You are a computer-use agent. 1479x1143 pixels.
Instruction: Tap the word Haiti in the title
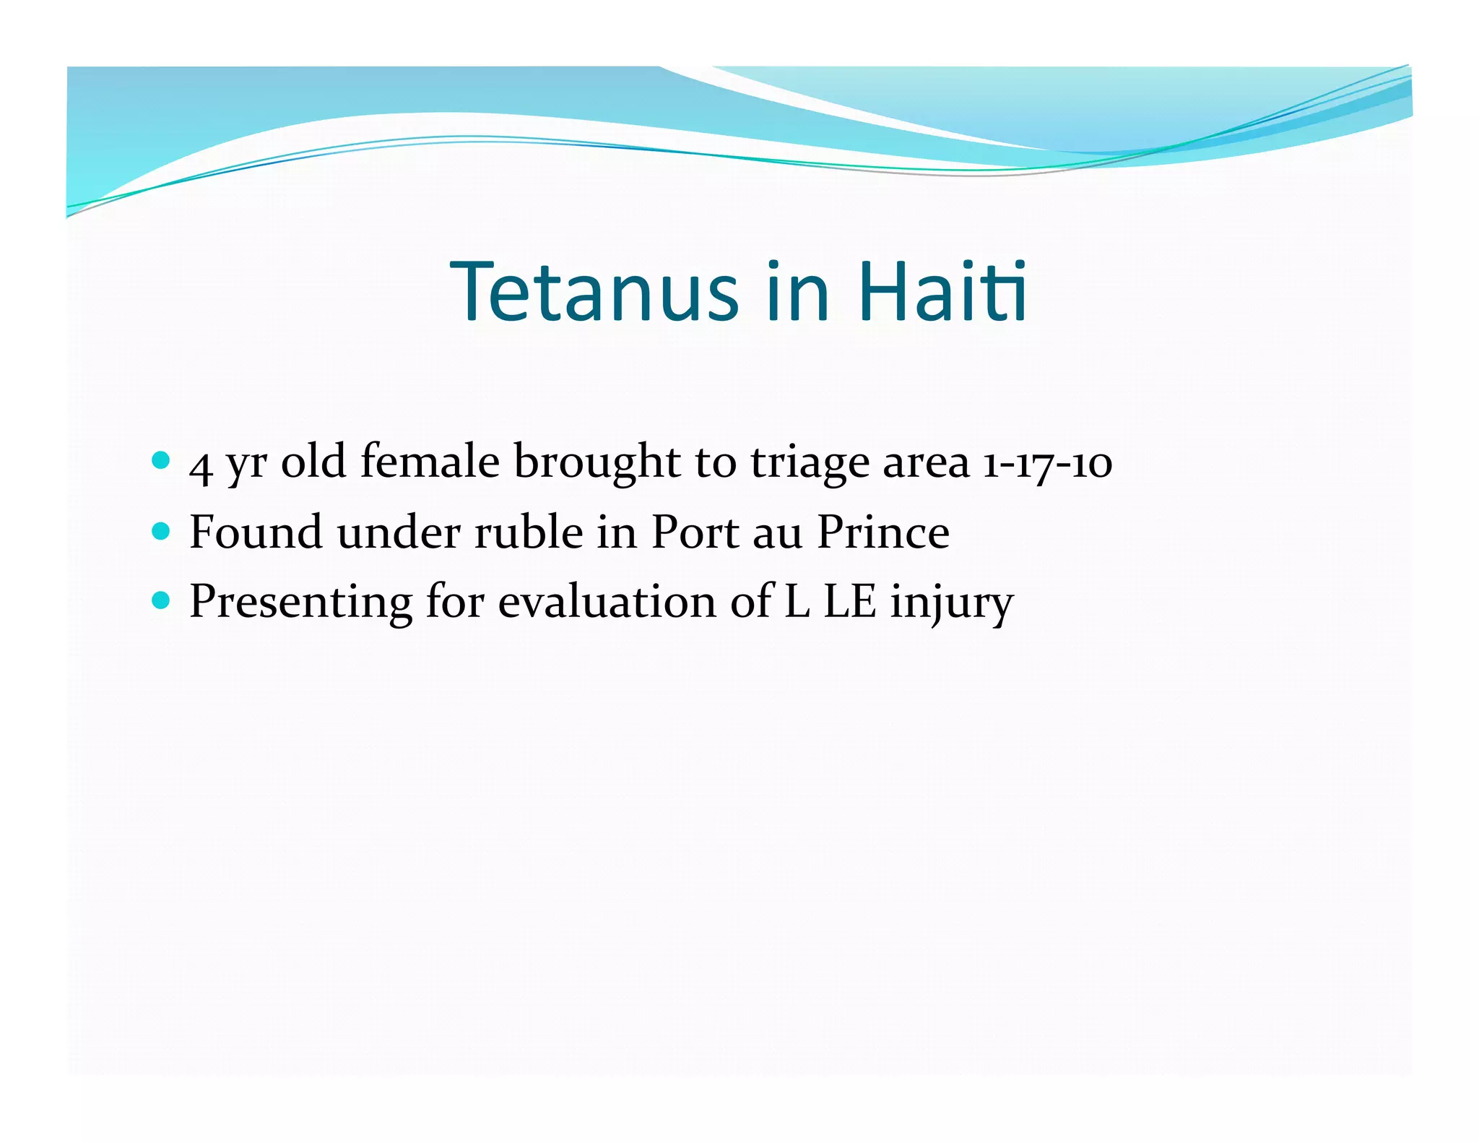(942, 292)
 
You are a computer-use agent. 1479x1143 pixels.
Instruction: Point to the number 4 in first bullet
(200, 465)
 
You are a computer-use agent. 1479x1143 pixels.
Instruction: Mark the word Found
(256, 532)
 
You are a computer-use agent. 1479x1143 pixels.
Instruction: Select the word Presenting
(300, 602)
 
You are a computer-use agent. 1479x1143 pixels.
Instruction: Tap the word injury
(951, 603)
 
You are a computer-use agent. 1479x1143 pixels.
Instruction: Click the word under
(399, 532)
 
